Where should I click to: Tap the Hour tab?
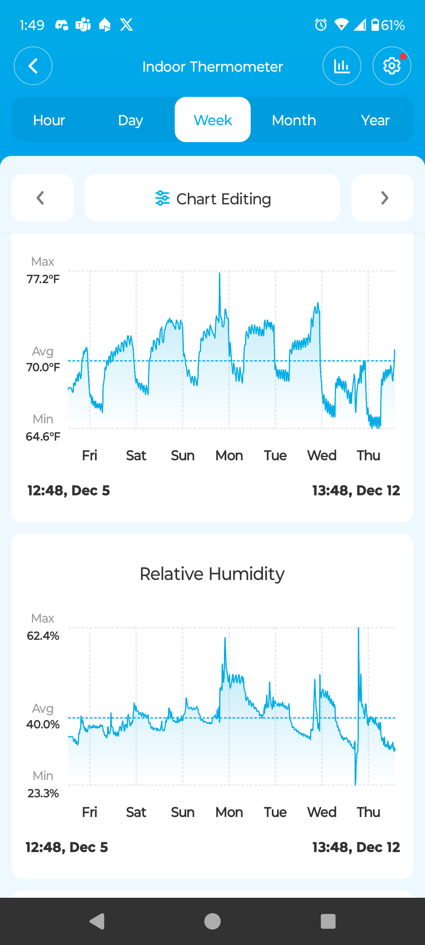point(49,120)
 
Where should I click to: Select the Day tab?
point(130,120)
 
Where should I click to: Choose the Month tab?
point(294,120)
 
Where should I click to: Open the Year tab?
point(375,120)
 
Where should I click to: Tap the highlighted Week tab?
point(213,120)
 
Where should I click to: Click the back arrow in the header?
point(33,66)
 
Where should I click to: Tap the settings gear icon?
point(392,66)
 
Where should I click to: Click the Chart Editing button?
point(213,198)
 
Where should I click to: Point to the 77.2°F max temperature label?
point(43,279)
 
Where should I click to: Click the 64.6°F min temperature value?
point(43,436)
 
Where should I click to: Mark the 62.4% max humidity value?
point(43,636)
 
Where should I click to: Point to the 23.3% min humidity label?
point(43,793)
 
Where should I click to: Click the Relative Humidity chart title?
point(213,574)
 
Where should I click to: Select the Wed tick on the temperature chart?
point(322,456)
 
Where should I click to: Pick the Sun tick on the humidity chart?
point(183,812)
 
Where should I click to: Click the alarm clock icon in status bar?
point(321,25)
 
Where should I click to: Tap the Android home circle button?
point(213,921)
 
